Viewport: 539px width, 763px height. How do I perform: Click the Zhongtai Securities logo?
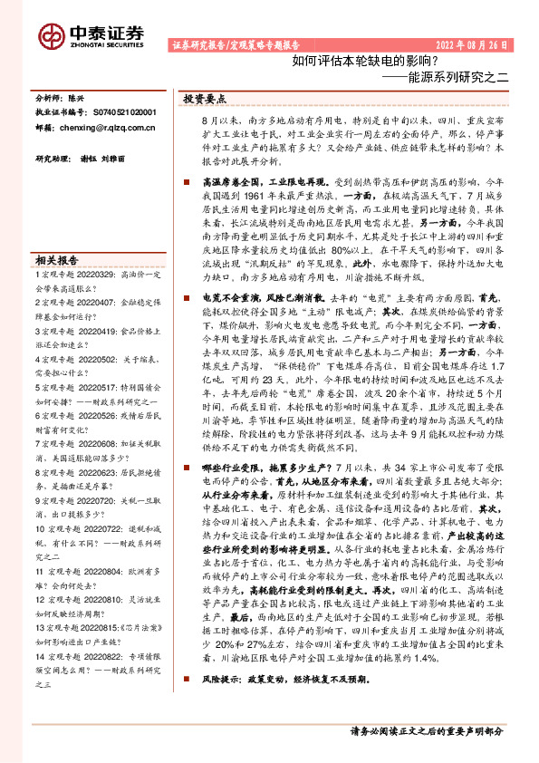(x=91, y=35)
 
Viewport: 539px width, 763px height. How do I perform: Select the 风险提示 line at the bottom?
(x=281, y=678)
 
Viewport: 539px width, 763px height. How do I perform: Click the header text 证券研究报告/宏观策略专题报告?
(x=235, y=44)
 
